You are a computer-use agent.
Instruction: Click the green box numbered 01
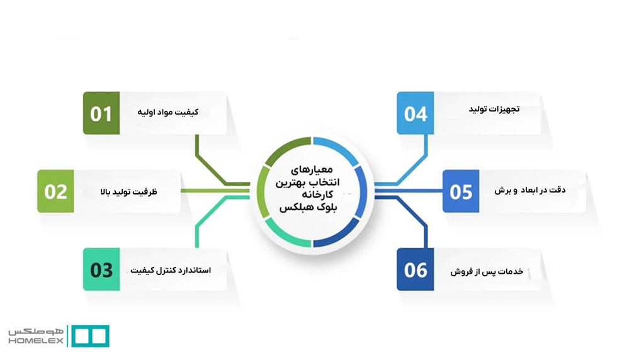pos(101,114)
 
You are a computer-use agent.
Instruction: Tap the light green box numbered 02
pos(55,191)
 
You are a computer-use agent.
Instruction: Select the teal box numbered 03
pos(101,269)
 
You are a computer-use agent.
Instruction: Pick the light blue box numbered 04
pos(416,114)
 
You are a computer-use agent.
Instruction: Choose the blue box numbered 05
pos(461,191)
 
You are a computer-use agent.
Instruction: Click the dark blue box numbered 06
pos(416,269)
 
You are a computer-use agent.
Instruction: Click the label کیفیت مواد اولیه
pos(167,112)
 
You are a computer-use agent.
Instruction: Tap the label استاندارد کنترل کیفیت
pos(171,270)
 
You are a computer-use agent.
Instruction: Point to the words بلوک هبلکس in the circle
pos(308,210)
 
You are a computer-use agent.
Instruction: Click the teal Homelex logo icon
pos(89,336)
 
